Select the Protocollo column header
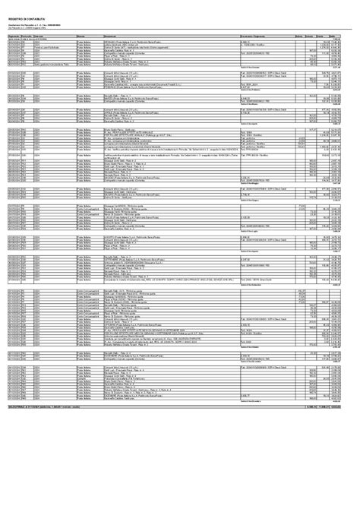(x=31, y=36)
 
